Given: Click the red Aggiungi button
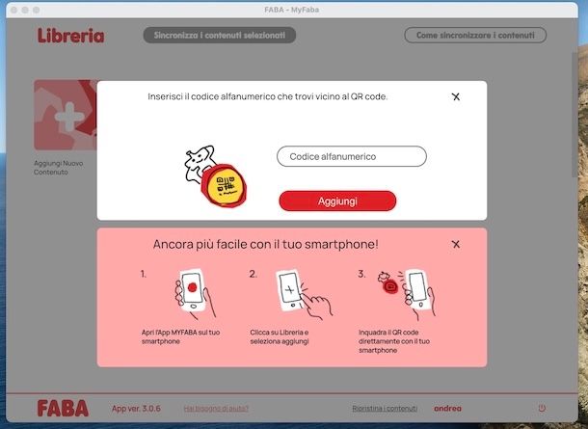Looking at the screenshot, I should click(x=337, y=201).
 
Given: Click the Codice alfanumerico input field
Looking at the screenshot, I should click(x=351, y=156).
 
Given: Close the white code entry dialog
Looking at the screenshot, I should click(x=456, y=96).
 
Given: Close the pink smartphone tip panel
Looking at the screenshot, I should click(x=456, y=244).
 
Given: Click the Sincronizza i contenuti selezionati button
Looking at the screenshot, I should click(x=220, y=36).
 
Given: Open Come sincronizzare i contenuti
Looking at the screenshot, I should click(x=474, y=36).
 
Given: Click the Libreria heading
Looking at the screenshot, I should click(x=70, y=36).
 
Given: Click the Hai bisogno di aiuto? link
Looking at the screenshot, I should click(x=216, y=408).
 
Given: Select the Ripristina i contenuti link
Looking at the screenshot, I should click(x=385, y=408).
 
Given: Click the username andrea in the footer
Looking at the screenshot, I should click(x=447, y=408).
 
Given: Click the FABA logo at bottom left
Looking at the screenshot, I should click(x=63, y=408).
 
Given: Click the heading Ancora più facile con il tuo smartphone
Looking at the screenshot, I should click(x=265, y=245).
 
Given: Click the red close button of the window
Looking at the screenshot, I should click(x=13, y=9).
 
